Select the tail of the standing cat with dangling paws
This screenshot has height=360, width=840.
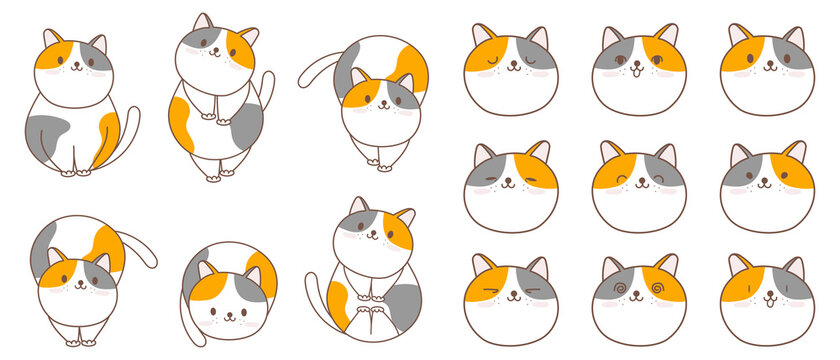pyautogui.click(x=266, y=90)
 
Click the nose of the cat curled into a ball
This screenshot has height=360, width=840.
pyautogui.click(x=228, y=311)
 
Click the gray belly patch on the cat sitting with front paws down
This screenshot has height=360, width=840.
pyautogui.click(x=47, y=128)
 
